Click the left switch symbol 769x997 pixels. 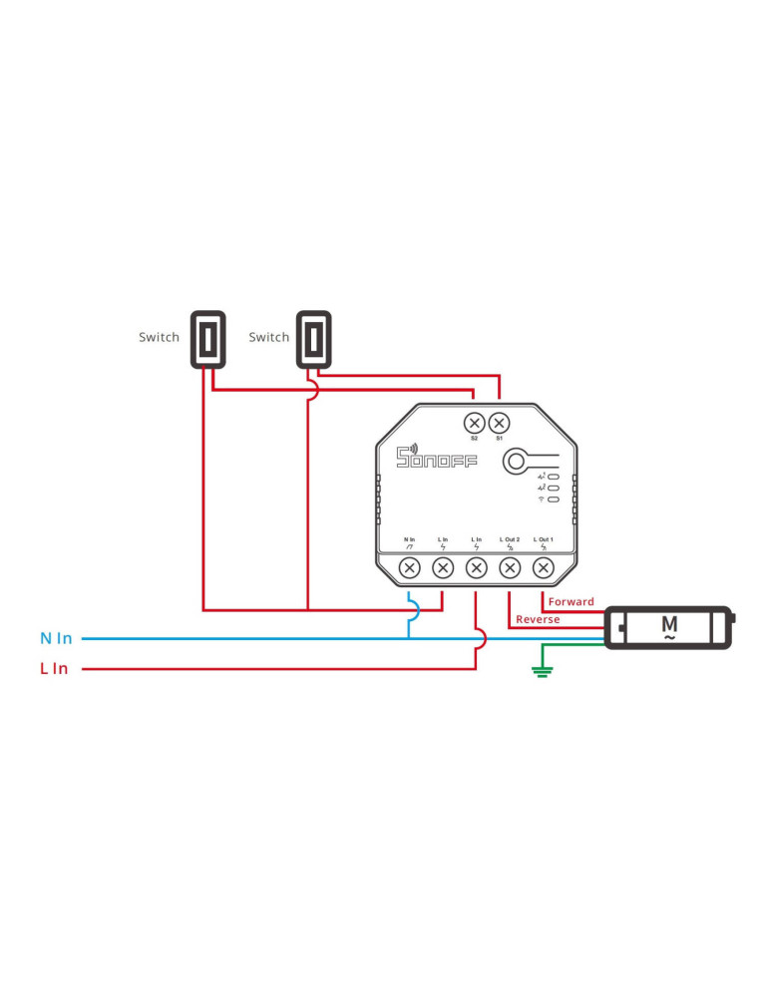pos(207,340)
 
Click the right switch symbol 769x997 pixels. pos(314,340)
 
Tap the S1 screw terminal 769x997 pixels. pos(499,423)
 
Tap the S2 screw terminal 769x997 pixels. pos(475,423)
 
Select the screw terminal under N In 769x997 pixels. pos(409,568)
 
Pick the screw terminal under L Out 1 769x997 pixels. pos(543,568)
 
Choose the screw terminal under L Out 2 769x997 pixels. pos(510,568)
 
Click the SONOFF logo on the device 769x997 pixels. pos(437,458)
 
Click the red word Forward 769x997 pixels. pos(571,602)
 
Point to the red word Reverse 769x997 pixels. pos(538,620)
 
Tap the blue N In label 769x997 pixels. pos(56,638)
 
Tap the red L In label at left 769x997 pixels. pos(54,669)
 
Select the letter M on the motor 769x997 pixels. pos(669,625)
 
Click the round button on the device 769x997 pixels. pos(516,461)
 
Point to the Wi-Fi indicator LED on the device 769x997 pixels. pos(552,499)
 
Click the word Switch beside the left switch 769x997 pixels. pos(160,337)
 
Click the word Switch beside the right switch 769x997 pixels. pos(268,337)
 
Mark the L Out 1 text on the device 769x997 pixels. pos(543,539)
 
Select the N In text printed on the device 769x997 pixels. pos(409,539)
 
